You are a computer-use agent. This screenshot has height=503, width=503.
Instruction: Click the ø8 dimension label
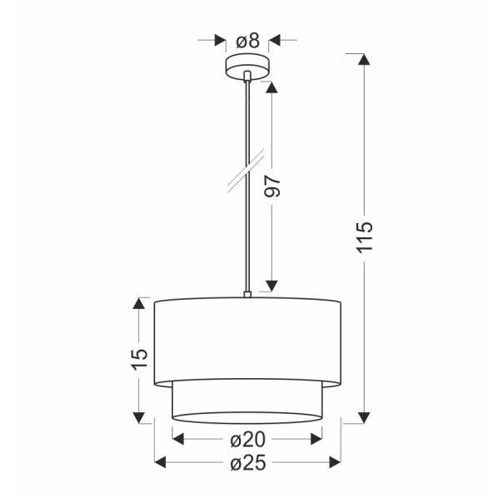click(x=247, y=38)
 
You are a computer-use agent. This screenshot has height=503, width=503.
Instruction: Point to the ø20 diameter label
click(x=247, y=437)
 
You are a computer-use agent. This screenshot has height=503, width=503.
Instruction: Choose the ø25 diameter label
click(x=247, y=463)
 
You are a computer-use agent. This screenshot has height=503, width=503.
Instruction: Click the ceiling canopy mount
click(x=247, y=67)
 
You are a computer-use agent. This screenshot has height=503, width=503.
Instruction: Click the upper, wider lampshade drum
click(x=248, y=338)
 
